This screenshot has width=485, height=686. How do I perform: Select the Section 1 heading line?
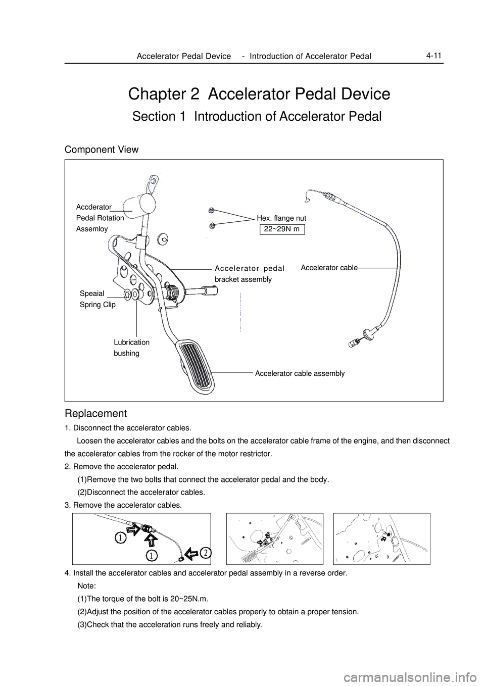coord(256,117)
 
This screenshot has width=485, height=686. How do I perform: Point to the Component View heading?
coord(101,150)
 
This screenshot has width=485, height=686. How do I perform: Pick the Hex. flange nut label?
coord(281,218)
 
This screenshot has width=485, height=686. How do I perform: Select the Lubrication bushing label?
coord(131,348)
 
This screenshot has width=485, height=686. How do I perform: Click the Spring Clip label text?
coord(98,305)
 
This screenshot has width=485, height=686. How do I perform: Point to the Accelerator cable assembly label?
coord(300,373)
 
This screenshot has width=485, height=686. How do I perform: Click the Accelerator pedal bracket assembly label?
coord(250,273)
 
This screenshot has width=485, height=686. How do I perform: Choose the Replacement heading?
coord(95,413)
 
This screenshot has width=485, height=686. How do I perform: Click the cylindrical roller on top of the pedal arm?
coord(144,203)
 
